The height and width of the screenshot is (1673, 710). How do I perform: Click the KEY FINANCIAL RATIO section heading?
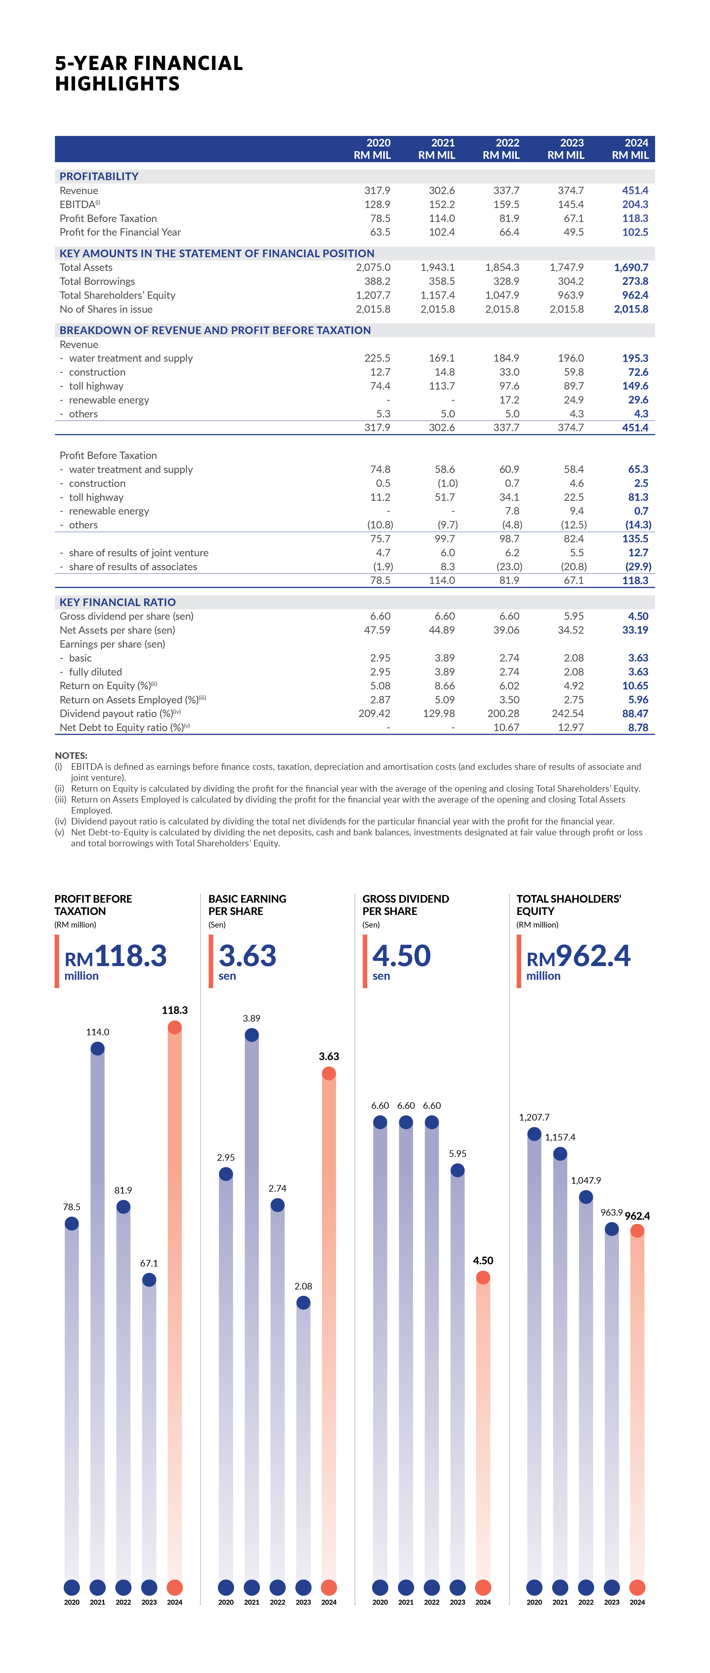pos(117,602)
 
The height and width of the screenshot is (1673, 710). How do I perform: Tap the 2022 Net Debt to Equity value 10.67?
pos(506,727)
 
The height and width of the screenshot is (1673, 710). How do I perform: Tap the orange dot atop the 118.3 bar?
pos(175,1027)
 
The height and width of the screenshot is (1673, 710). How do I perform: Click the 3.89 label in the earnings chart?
pos(252,1018)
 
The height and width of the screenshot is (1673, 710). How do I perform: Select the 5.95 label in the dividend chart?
pos(458,1153)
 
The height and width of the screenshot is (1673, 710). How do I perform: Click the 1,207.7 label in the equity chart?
pos(534,1117)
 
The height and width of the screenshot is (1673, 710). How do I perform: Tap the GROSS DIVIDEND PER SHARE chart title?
pos(406,905)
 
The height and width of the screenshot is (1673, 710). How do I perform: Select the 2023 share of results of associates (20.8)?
pos(574,566)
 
